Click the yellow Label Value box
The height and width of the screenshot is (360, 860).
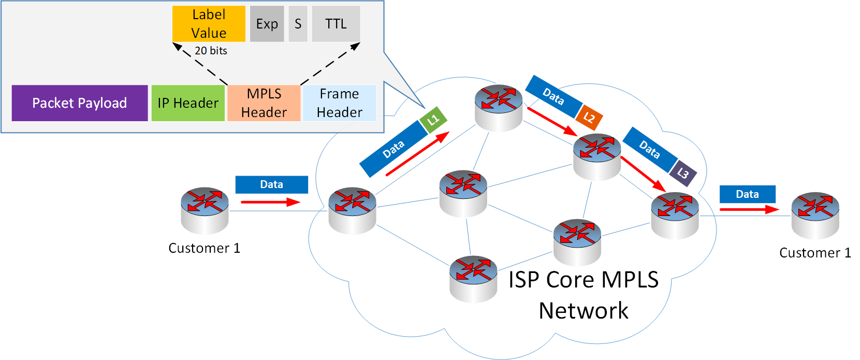[x=209, y=24]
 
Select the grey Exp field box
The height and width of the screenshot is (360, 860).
[x=267, y=24]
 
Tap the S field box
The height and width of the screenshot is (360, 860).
[x=298, y=24]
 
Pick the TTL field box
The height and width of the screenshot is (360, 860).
[x=336, y=24]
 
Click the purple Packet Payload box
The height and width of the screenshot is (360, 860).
[x=80, y=103]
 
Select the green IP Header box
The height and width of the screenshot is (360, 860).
[x=188, y=103]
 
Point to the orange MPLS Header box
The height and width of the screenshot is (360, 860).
[x=264, y=103]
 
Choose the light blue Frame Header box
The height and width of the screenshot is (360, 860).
[x=339, y=103]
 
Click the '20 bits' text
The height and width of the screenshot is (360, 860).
[x=211, y=51]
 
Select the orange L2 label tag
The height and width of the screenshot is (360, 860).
[x=589, y=118]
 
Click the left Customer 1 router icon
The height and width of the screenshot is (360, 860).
[x=205, y=210]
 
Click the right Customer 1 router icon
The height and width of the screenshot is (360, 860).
[x=815, y=215]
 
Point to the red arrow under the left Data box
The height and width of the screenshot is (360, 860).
[x=270, y=202]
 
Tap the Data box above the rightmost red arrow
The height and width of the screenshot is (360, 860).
[x=747, y=194]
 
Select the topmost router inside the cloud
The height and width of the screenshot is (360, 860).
[x=499, y=107]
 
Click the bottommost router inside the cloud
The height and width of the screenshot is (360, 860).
[x=473, y=278]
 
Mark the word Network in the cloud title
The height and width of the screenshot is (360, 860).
[x=584, y=311]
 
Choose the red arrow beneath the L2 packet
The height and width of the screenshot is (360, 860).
[x=552, y=122]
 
